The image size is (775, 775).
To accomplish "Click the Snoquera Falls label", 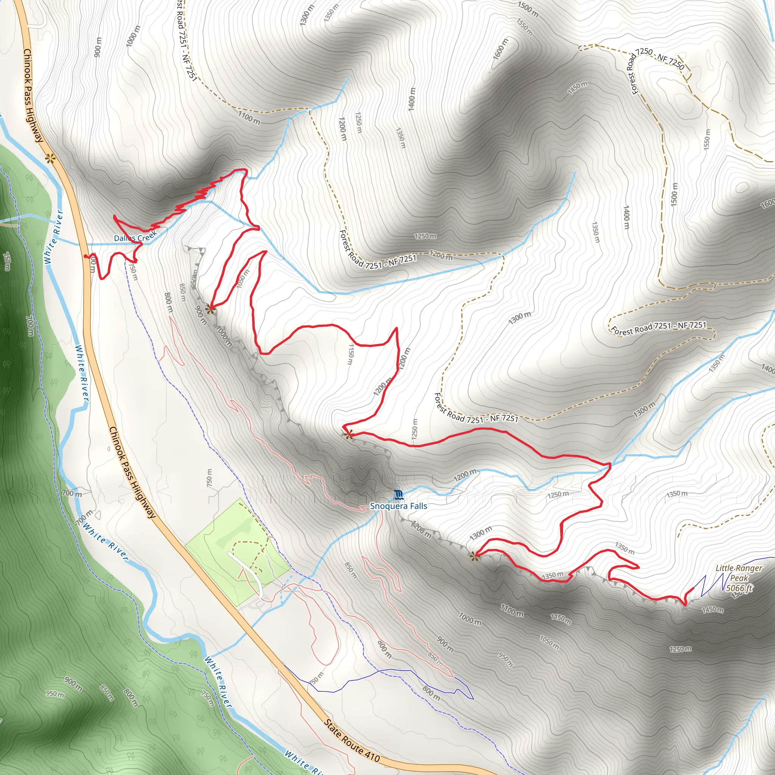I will [398, 506].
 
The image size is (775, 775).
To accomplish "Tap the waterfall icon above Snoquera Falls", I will [398, 495].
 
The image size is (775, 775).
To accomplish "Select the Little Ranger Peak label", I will [739, 573].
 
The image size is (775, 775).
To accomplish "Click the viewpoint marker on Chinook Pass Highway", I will [50, 159].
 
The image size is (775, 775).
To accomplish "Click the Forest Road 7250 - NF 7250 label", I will [660, 59].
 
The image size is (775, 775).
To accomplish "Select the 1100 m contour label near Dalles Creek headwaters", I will [249, 118].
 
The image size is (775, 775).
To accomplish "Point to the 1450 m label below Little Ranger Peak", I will [713, 610].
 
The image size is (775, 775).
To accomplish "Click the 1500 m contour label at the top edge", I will [528, 9].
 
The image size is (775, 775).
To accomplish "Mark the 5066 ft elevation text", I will [739, 588].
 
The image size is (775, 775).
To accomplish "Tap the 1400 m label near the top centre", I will [412, 100].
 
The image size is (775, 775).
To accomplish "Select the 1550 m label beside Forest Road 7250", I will [707, 140].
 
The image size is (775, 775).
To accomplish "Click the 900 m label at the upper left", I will [98, 47].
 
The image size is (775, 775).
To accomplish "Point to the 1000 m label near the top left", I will [133, 36].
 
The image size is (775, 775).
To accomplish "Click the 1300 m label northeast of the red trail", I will [520, 318].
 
